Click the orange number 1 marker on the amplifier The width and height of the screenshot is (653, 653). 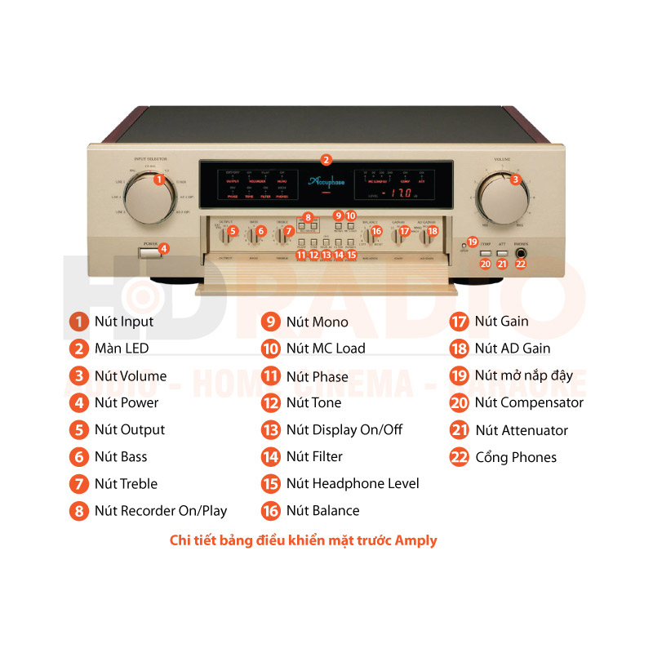tap(159, 179)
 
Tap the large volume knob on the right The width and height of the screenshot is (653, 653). tap(503, 196)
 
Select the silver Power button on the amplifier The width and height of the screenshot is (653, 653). tap(151, 250)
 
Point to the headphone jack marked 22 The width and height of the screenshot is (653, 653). tap(521, 263)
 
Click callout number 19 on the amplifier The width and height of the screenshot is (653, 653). tap(472, 242)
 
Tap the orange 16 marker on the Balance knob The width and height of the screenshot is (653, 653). tap(375, 232)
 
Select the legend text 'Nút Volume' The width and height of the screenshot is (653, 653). tap(130, 375)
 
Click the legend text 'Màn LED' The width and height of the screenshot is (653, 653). tap(122, 349)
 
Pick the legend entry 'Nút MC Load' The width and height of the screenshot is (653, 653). tap(326, 349)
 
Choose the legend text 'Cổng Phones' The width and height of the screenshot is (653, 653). tap(516, 457)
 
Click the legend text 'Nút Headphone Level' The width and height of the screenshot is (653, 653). tap(353, 484)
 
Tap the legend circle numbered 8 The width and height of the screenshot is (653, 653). tap(78, 511)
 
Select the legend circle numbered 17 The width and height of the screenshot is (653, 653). tap(460, 322)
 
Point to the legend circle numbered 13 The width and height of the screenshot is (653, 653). tap(271, 430)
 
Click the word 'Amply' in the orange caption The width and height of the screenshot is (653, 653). tap(416, 540)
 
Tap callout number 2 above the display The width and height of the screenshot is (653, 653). tap(326, 160)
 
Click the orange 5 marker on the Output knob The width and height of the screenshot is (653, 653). tap(233, 232)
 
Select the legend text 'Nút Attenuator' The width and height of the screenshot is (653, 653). tap(522, 430)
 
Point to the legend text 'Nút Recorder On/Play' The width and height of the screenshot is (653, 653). tap(161, 511)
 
